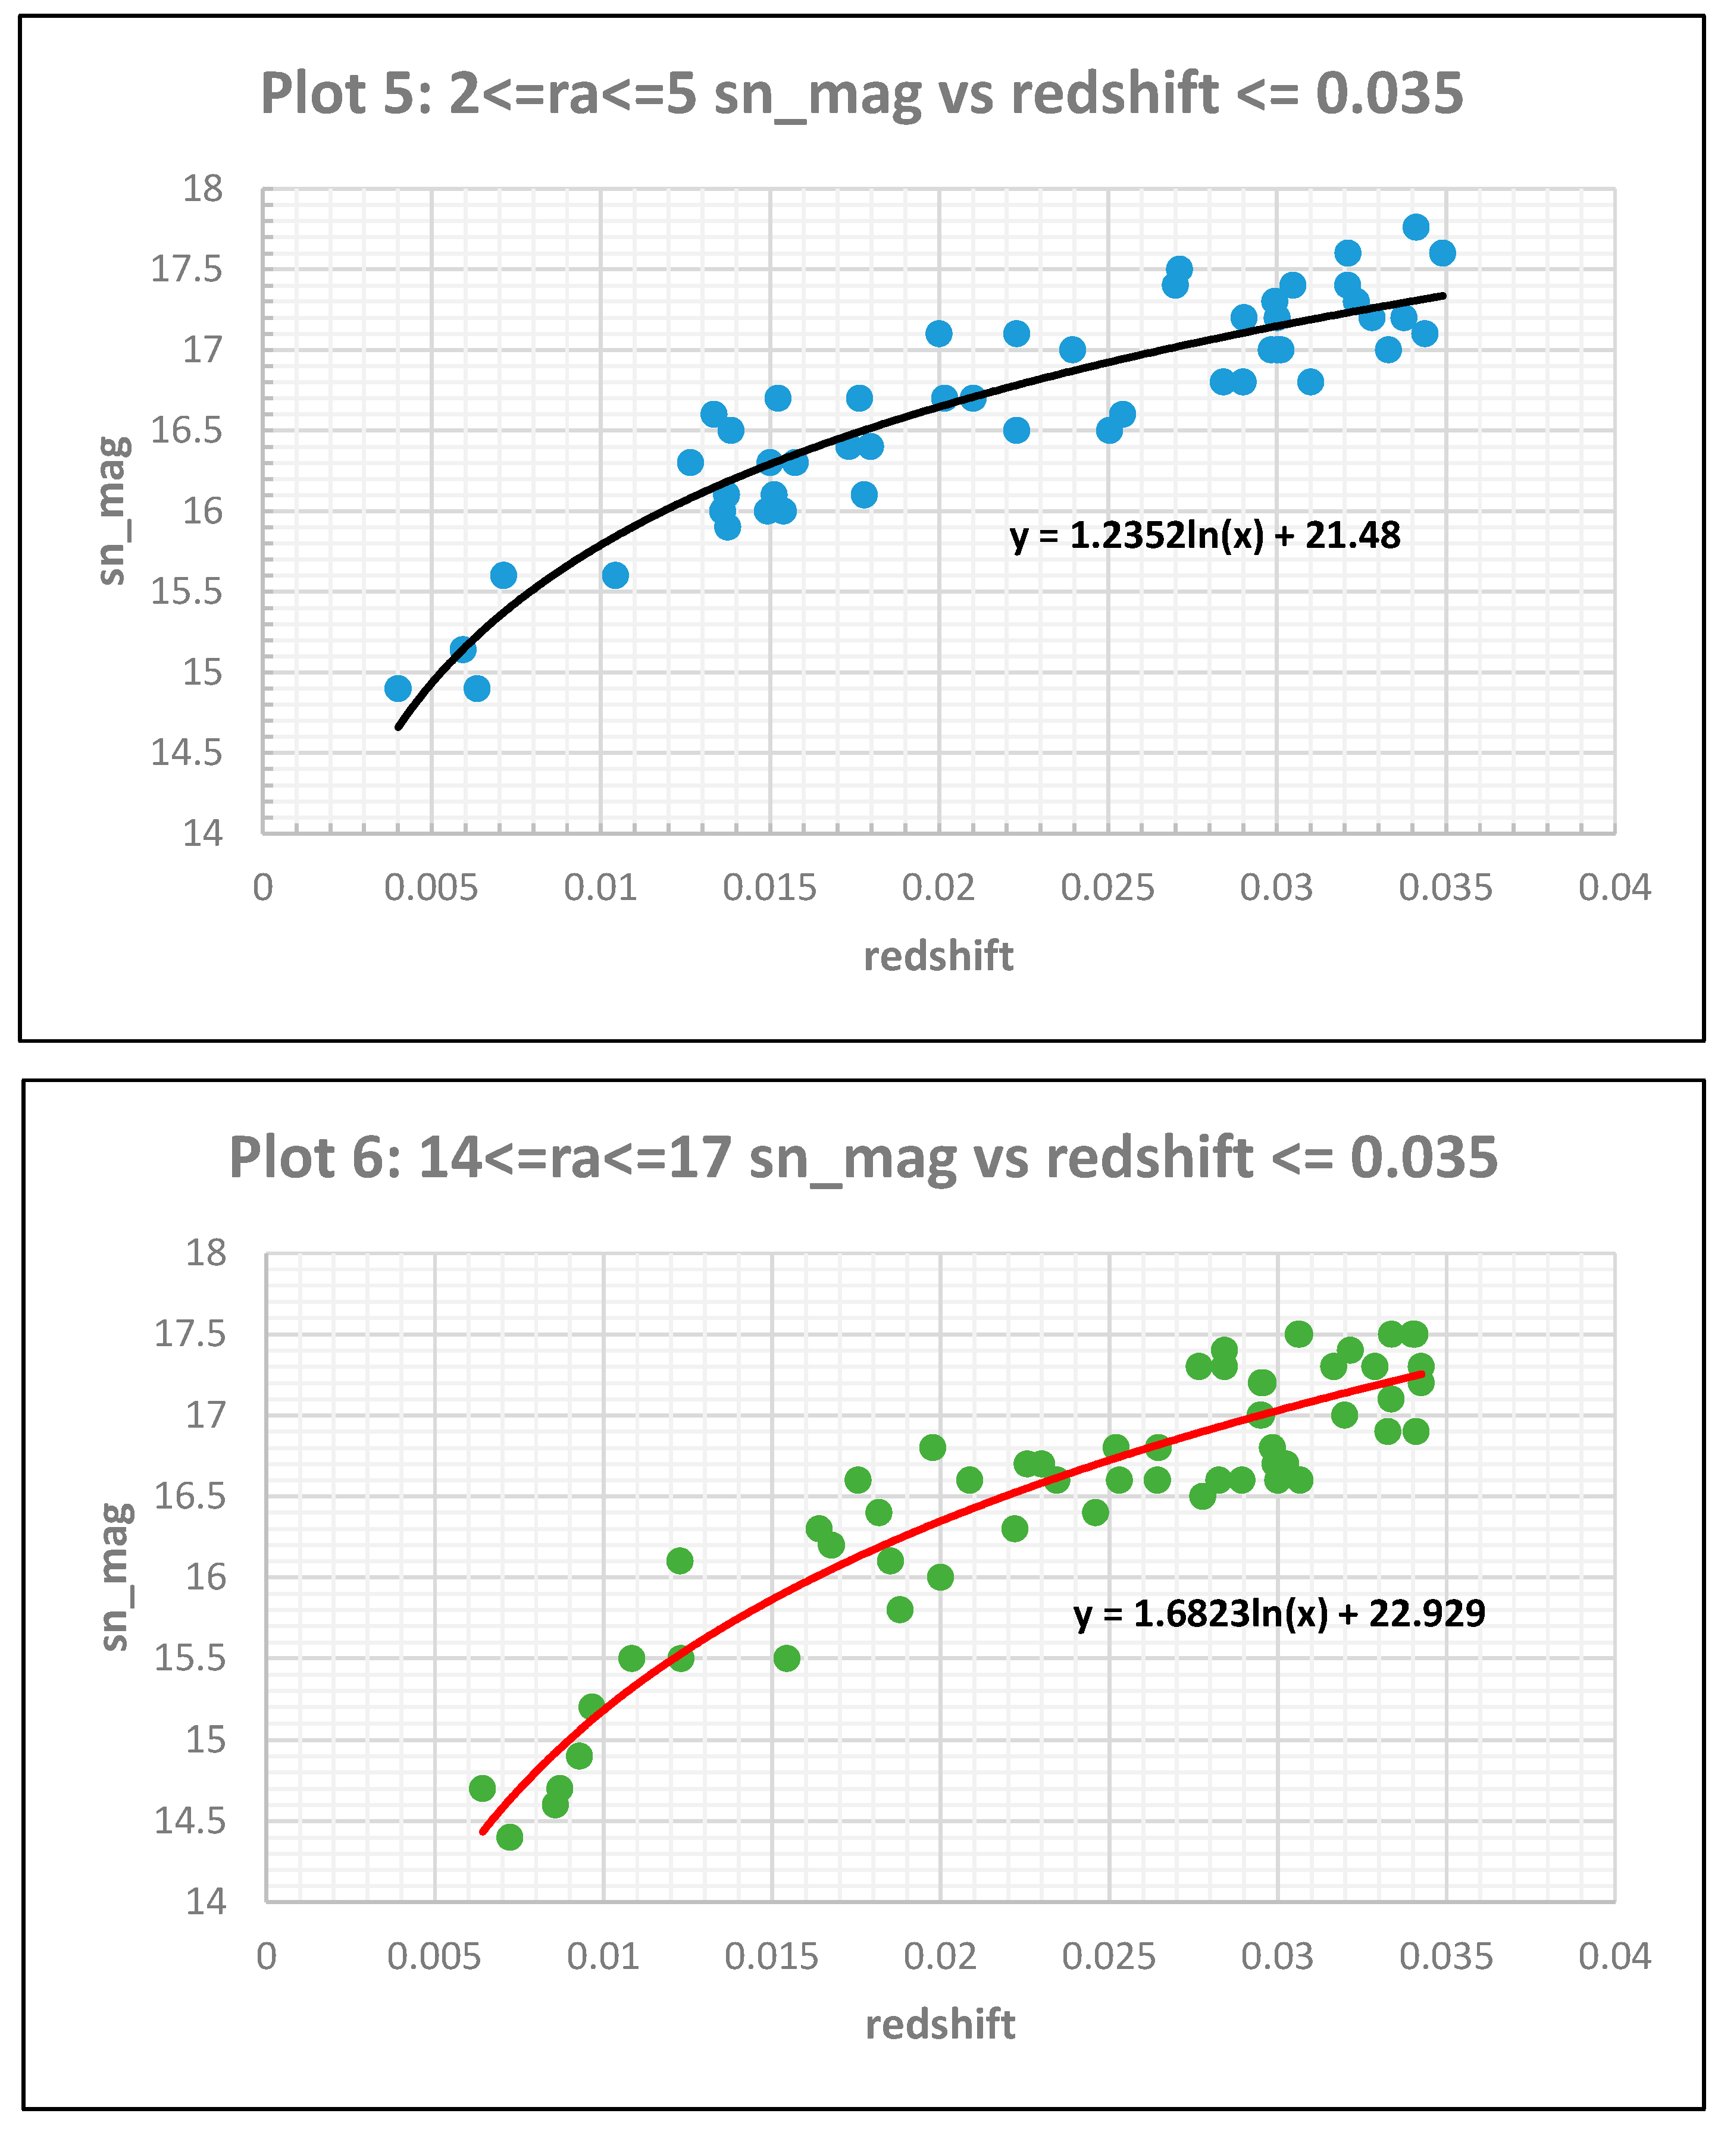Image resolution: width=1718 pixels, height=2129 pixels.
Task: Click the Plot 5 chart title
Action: pyautogui.click(x=861, y=94)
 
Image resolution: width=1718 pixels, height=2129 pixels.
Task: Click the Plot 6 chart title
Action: pyautogui.click(x=863, y=1158)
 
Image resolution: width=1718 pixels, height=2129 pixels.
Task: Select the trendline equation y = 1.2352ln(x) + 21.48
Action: pyautogui.click(x=1204, y=536)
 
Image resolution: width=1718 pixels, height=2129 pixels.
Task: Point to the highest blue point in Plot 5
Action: pyautogui.click(x=1415, y=227)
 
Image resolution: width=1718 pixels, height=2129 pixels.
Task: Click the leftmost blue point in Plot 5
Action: pyautogui.click(x=398, y=688)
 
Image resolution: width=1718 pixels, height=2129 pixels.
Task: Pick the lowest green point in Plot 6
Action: pyautogui.click(x=509, y=1837)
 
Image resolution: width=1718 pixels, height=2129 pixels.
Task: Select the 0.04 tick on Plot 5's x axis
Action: pyautogui.click(x=1614, y=888)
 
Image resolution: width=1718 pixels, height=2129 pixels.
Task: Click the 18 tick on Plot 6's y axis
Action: pyautogui.click(x=206, y=1253)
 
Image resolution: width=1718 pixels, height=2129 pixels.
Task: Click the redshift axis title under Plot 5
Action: pyautogui.click(x=938, y=957)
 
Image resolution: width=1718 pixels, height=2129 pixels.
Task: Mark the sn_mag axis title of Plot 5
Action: pyautogui.click(x=113, y=510)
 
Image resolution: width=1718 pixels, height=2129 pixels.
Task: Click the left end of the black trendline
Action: pyautogui.click(x=399, y=727)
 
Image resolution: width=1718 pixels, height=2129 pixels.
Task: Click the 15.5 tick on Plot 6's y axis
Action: pyautogui.click(x=190, y=1658)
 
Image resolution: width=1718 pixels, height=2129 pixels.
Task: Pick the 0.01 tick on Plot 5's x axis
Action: pyautogui.click(x=600, y=888)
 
